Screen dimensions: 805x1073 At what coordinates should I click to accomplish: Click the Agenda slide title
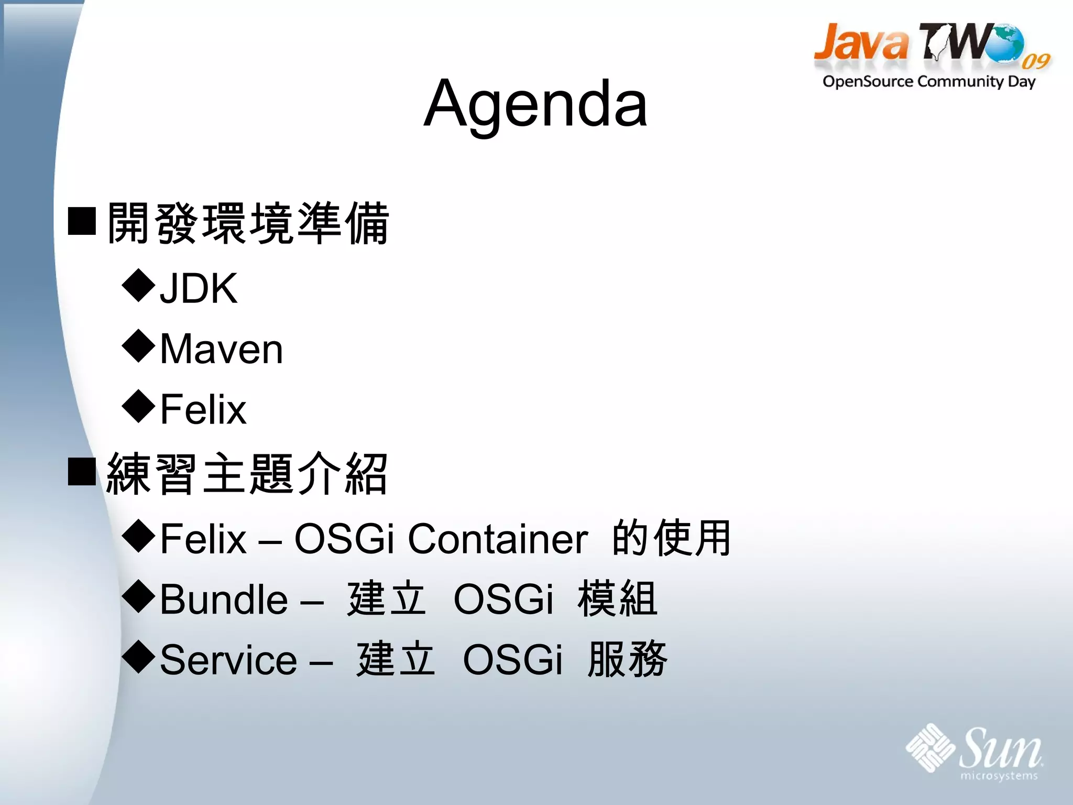click(535, 103)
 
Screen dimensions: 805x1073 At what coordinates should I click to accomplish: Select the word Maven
click(221, 349)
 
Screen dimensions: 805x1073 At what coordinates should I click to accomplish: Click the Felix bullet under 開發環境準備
click(203, 409)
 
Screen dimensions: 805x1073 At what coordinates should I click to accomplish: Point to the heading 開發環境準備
click(247, 224)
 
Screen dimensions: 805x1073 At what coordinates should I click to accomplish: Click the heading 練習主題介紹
click(246, 474)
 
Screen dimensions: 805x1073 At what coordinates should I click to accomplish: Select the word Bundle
click(224, 600)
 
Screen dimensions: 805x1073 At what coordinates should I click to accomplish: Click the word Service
click(228, 660)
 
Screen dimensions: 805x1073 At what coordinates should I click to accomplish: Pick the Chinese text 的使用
click(672, 538)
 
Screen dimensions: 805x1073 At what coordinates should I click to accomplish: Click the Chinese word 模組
click(617, 599)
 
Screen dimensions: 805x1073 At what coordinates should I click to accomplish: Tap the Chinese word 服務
click(627, 659)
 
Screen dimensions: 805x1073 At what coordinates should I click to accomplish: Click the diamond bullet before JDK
click(138, 286)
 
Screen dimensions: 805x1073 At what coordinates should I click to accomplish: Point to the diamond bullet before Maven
click(138, 346)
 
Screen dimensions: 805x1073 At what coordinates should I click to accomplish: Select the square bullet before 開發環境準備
click(82, 221)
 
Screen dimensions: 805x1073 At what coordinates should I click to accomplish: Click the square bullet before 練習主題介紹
click(82, 471)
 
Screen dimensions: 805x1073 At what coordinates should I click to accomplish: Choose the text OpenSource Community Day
click(928, 82)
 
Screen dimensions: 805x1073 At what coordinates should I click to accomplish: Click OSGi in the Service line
click(512, 660)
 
